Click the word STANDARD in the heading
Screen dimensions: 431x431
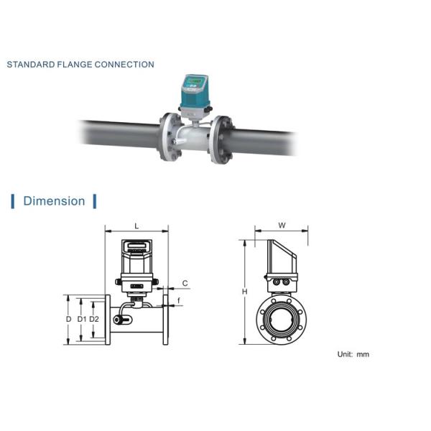31,65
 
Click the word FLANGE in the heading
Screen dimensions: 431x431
75,65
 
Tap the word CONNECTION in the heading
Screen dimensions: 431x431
124,65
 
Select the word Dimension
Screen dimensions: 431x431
54,201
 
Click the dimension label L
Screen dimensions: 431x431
136,226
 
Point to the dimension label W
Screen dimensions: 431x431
282,226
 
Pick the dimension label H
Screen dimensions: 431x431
245,292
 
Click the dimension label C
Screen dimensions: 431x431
185,283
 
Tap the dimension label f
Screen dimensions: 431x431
179,301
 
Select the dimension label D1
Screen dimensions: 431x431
82,319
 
